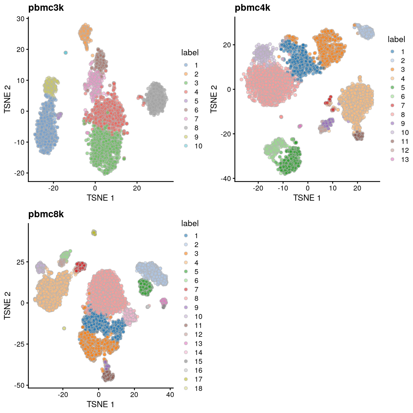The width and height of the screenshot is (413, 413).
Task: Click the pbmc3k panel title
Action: (46, 8)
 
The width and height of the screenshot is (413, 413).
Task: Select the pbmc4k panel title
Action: (252, 8)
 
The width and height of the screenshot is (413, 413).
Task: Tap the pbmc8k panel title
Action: (46, 214)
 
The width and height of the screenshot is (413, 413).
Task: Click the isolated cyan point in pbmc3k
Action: (65, 53)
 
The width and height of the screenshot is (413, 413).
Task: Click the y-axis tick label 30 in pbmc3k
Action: (21, 18)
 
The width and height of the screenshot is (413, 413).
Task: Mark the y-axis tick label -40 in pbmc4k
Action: (226, 179)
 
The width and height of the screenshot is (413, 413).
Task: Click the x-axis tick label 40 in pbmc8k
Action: (170, 395)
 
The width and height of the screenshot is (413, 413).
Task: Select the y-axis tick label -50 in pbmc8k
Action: (19, 385)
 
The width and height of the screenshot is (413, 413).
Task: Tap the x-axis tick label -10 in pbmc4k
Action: (283, 188)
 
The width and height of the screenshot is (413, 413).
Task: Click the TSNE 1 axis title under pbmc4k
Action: (307, 198)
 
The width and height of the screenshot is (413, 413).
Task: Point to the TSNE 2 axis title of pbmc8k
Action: (7, 305)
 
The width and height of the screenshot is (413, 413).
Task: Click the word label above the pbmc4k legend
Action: (396, 39)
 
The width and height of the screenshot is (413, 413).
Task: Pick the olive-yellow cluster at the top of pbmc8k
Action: (94, 233)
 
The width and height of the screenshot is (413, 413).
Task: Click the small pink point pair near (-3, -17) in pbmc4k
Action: (300, 126)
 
